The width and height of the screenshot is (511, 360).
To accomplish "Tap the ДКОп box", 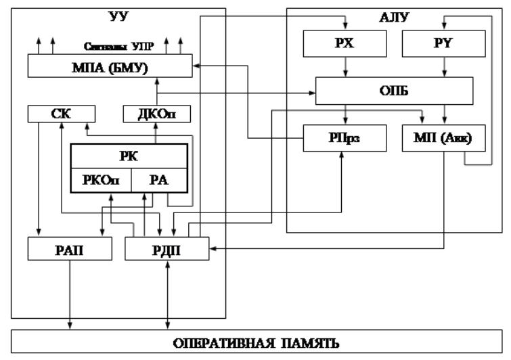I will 156,114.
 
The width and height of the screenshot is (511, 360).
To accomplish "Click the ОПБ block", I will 395,90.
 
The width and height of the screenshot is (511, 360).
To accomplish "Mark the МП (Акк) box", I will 443,138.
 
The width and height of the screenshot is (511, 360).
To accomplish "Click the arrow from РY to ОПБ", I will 443,67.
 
